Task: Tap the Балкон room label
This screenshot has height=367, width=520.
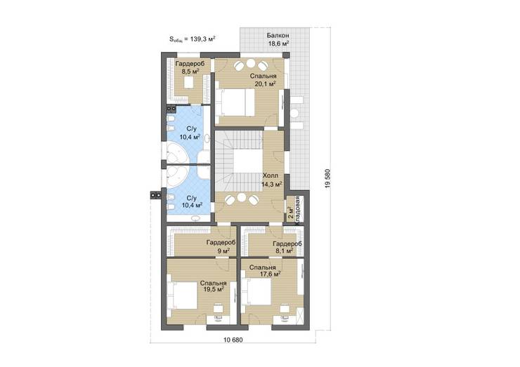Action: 278,36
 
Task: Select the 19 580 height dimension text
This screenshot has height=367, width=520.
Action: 328,179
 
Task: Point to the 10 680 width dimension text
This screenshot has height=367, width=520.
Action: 233,340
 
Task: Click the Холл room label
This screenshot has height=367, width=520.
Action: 271,175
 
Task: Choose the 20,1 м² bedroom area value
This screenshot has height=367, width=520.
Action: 266,84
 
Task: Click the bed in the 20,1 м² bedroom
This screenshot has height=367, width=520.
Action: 235,102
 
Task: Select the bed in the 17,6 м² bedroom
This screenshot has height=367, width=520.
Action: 257,291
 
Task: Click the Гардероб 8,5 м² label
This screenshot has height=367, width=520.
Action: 190,67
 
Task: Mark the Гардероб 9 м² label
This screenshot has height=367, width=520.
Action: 221,246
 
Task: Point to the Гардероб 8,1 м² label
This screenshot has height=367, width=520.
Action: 287,248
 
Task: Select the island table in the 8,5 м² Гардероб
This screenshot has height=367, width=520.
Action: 188,83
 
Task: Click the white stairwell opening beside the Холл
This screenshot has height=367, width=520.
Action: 247,161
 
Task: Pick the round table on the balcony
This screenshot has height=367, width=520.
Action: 294,113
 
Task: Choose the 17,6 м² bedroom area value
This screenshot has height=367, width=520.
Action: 270,274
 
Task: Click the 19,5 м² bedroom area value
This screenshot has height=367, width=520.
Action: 213,290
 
